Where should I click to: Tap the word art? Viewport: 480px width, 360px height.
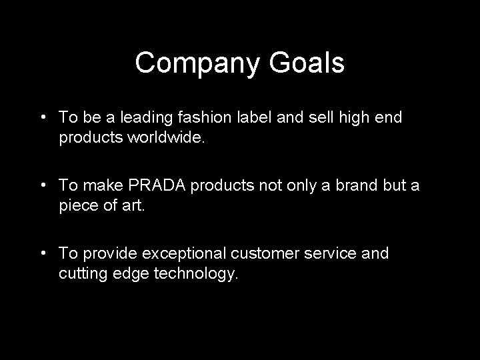point(133,206)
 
